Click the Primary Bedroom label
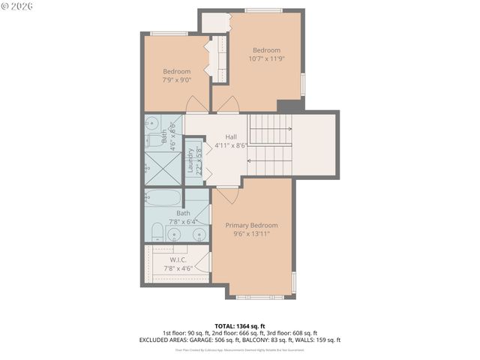pyautogui.click(x=251, y=225)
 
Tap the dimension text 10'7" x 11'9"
pyautogui.click(x=266, y=58)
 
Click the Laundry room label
pyautogui.click(x=191, y=160)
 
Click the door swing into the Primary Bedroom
pyautogui.click(x=227, y=193)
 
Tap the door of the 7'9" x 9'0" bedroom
pyautogui.click(x=194, y=105)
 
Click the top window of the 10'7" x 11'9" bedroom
pyautogui.click(x=264, y=10)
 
